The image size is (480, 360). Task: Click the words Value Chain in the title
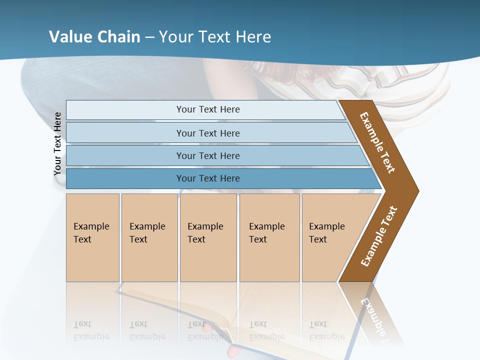pos(94,37)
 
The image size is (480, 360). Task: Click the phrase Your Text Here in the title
pos(215,37)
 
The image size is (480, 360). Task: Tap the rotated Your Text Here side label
pos(57,144)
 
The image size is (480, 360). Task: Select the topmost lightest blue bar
pos(207,109)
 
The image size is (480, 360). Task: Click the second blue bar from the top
pos(207,133)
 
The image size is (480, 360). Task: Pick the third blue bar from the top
pos(207,155)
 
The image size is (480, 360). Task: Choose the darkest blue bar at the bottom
pos(207,178)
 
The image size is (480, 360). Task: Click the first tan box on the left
pos(92,237)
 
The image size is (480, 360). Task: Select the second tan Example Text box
pos(149,237)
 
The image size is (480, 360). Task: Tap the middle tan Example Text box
pos(208,237)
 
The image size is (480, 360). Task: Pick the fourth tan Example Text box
pos(269,237)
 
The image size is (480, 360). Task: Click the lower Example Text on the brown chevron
pos(379,236)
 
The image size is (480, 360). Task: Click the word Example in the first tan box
pos(91,226)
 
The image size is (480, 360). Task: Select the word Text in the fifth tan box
pos(318,239)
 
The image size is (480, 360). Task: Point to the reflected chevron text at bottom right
pos(375,315)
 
